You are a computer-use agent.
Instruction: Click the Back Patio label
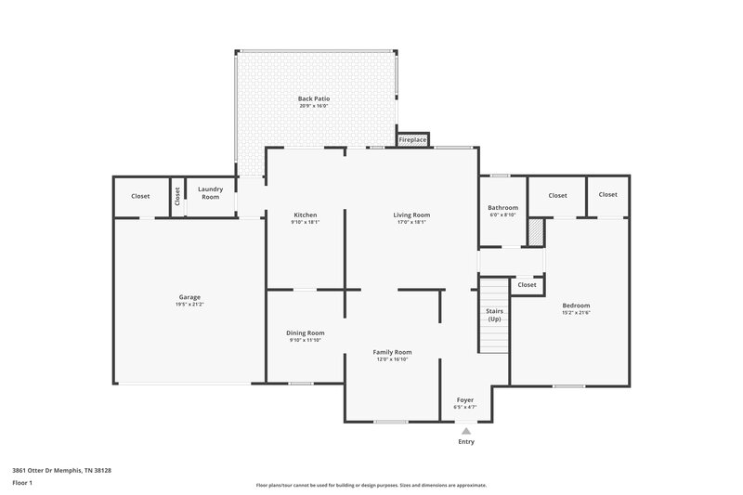click(x=313, y=98)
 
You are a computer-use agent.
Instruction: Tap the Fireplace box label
click(x=412, y=140)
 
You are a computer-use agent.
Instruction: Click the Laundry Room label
click(x=210, y=193)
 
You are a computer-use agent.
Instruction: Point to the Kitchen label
click(x=306, y=215)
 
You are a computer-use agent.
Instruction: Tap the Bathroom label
click(x=502, y=207)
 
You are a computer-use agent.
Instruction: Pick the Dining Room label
click(x=305, y=332)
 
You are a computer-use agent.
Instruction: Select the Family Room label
click(x=392, y=352)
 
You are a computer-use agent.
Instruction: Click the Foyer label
click(x=464, y=399)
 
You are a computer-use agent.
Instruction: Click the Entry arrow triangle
click(x=465, y=431)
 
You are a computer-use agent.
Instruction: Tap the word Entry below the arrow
click(x=465, y=442)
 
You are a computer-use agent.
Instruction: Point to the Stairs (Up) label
click(x=494, y=315)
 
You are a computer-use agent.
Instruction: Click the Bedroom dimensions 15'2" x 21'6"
click(x=575, y=313)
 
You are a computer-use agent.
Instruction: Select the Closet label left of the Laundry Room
click(x=140, y=196)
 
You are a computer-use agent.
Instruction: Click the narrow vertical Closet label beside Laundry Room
click(x=177, y=197)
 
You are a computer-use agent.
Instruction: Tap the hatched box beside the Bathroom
click(x=535, y=232)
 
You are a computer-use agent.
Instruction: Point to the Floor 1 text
click(x=21, y=484)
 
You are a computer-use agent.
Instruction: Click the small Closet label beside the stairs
click(x=527, y=285)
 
